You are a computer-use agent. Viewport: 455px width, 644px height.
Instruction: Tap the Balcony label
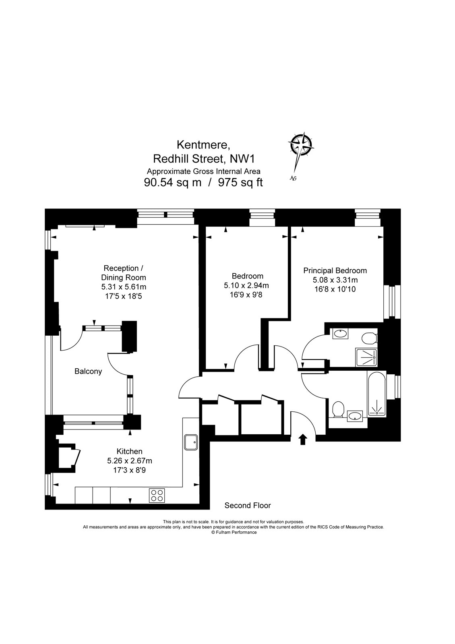point(88,372)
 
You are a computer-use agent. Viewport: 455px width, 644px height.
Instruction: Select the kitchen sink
point(190,443)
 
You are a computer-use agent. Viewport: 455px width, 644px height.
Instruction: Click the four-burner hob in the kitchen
point(157,495)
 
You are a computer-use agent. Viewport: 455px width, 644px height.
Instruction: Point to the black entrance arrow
point(302,439)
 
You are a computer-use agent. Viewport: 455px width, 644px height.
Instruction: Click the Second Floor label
point(248,506)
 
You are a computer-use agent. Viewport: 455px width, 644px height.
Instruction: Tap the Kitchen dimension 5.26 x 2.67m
point(129,461)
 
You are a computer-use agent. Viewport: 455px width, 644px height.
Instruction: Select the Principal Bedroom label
point(335,271)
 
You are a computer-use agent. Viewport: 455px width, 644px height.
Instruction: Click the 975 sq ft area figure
point(240,182)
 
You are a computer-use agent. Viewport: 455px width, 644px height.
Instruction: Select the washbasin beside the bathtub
point(354,415)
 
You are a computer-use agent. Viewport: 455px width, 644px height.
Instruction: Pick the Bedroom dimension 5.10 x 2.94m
point(246,286)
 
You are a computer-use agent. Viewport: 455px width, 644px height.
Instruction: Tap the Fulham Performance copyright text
point(234,532)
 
